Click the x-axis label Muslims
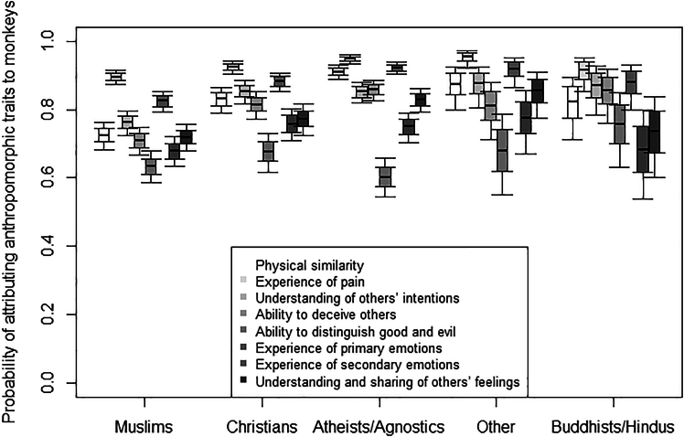coord(146,426)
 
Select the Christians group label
coord(262,426)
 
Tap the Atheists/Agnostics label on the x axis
coord(378,426)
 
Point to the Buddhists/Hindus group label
coord(612,426)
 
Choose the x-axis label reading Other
coord(495,426)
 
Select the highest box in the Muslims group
coord(115,78)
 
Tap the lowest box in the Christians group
coord(268,152)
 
